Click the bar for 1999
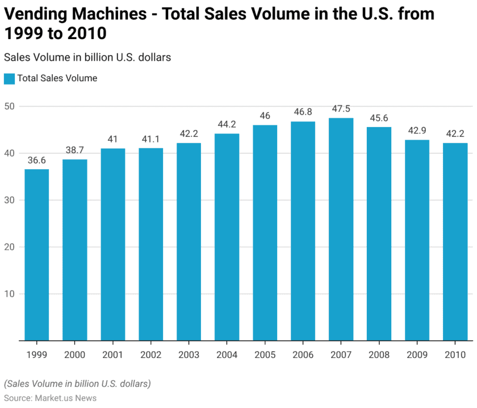(x=36, y=255)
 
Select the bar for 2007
(x=341, y=229)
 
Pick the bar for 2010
(x=455, y=242)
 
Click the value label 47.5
(x=341, y=109)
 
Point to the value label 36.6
(x=36, y=160)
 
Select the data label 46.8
(x=303, y=112)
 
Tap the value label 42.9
(x=417, y=131)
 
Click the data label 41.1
(x=150, y=139)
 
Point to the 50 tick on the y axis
(x=10, y=106)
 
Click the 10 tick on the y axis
(x=10, y=294)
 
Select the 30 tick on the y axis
(x=10, y=200)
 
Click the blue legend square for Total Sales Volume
(x=9, y=78)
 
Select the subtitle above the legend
(x=87, y=57)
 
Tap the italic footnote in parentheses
(x=77, y=384)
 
